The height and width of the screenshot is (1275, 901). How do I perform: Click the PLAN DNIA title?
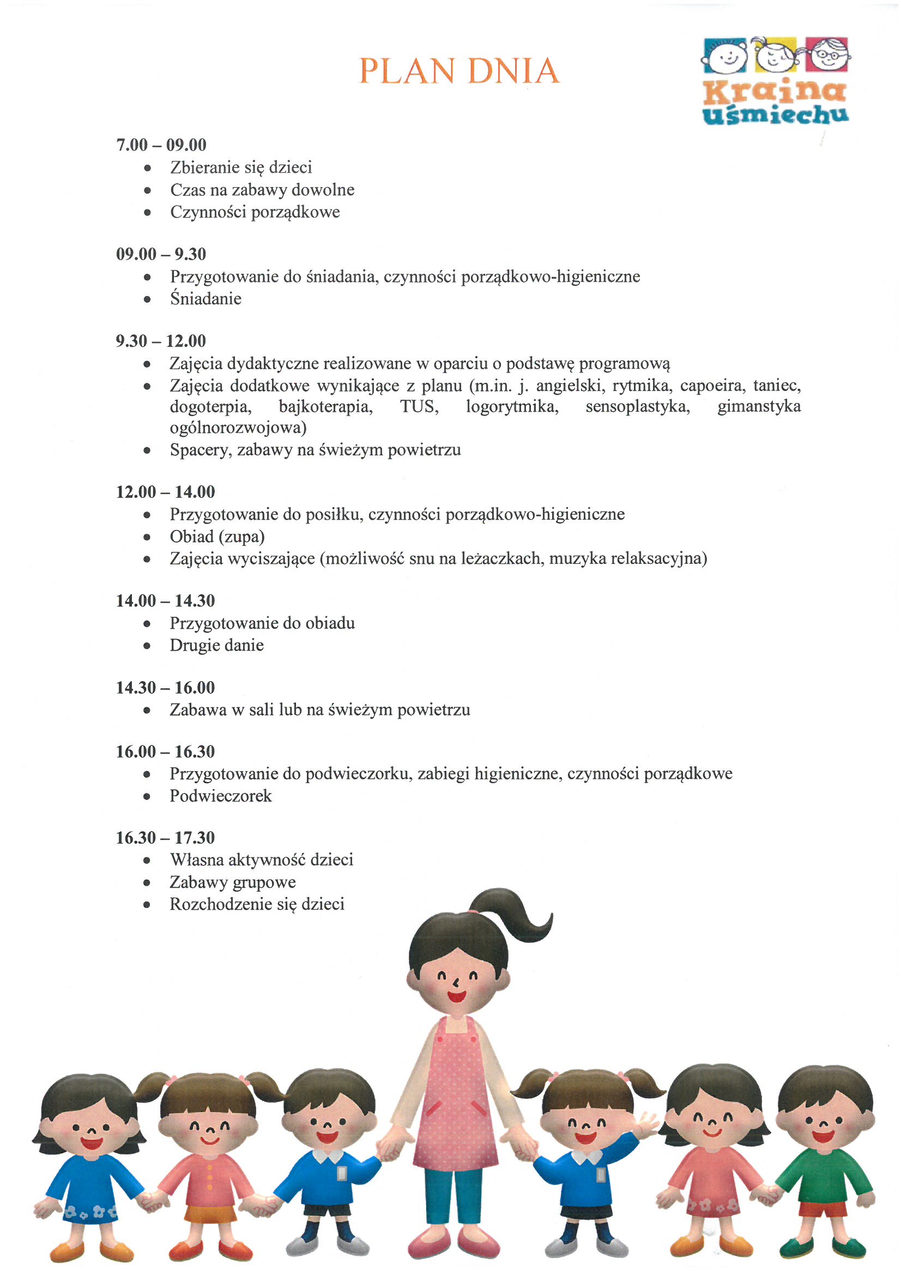point(459,70)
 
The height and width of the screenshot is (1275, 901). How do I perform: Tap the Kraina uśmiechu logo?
point(776,81)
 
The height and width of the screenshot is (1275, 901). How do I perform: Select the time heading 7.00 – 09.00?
point(161,145)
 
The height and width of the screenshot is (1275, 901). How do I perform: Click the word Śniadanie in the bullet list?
point(205,299)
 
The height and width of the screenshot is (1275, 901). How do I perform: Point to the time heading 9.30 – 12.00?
point(160,341)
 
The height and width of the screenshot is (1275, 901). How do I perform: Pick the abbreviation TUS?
point(419,406)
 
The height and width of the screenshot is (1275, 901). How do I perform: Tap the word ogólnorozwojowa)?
point(238,428)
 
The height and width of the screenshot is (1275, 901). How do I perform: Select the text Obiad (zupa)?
point(217,537)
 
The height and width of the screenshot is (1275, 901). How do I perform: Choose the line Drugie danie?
point(216,645)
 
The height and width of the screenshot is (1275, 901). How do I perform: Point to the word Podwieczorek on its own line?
point(220,796)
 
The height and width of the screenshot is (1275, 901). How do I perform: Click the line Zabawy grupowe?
point(233,882)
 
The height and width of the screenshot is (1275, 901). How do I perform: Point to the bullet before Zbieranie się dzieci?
point(147,168)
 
